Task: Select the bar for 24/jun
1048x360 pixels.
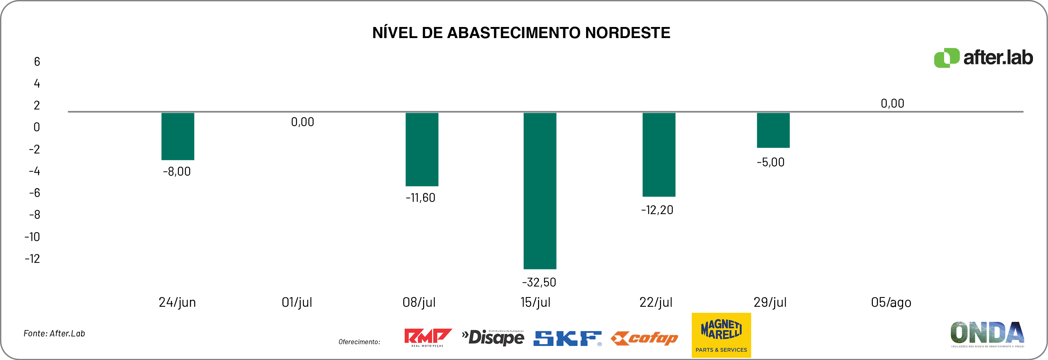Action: (x=178, y=136)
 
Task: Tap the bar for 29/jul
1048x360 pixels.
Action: (x=773, y=130)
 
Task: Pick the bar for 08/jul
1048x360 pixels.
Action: (x=422, y=149)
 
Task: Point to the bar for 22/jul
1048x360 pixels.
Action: (x=659, y=154)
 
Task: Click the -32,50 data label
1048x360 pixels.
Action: (x=539, y=282)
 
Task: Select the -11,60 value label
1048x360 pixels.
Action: (x=420, y=198)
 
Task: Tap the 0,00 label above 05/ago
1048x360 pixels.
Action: (x=892, y=104)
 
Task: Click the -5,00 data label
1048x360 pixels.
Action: (x=770, y=162)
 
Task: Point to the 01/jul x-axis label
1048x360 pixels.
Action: (x=297, y=302)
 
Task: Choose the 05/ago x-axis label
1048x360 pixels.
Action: (x=891, y=302)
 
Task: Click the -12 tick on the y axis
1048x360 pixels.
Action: (x=33, y=259)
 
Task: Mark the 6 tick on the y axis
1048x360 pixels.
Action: (x=37, y=62)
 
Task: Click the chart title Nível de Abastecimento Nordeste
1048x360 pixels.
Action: (x=521, y=33)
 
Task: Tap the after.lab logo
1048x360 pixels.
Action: (x=983, y=58)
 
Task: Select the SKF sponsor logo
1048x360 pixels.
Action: (x=567, y=339)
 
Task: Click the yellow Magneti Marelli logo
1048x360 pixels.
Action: (x=721, y=335)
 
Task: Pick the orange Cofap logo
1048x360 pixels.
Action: (x=644, y=339)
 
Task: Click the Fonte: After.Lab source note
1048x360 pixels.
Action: (x=54, y=333)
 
